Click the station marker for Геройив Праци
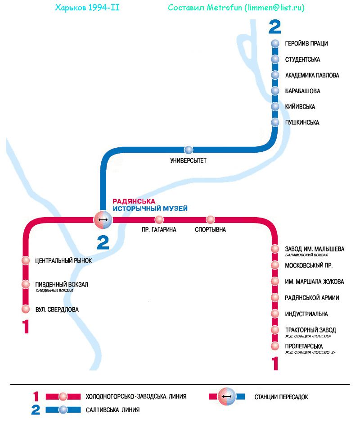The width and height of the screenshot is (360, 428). [275, 44]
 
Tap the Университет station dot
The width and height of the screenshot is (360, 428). [189, 150]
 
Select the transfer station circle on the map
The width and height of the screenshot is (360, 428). [103, 220]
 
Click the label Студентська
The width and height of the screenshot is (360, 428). [302, 59]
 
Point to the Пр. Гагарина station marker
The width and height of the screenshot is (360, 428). [159, 220]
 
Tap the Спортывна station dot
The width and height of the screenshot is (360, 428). [210, 220]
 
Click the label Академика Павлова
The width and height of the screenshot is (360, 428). [312, 75]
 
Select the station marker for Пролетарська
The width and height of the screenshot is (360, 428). [275, 346]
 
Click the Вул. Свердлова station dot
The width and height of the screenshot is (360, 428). [26, 309]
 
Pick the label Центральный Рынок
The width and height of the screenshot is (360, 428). [63, 260]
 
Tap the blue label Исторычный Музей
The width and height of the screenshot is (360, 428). [150, 209]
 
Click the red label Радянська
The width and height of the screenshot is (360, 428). [134, 201]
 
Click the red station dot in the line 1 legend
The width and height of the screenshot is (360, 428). [63, 396]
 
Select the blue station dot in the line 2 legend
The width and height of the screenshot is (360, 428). [63, 410]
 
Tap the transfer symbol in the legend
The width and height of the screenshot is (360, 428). [227, 396]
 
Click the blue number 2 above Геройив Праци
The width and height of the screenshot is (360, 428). [274, 27]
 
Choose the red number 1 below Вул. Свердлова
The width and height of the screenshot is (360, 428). [26, 327]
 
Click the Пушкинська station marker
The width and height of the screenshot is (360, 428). [275, 123]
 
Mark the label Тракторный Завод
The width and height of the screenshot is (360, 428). [310, 330]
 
